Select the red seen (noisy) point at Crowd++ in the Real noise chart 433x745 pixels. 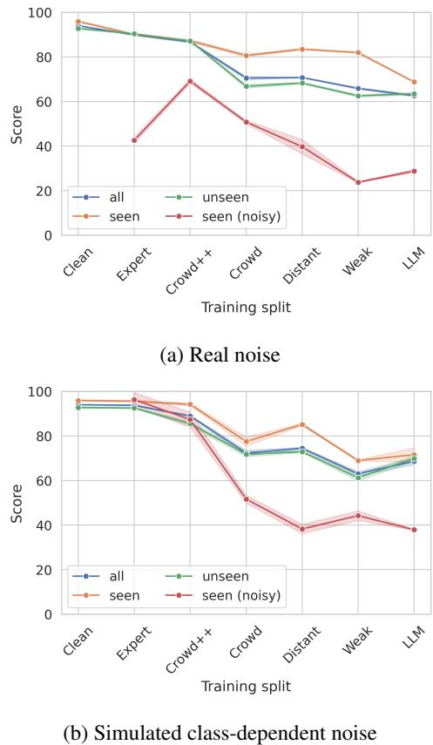[x=190, y=81]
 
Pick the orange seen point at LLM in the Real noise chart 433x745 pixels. [x=414, y=82]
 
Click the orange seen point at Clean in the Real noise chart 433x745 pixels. [x=78, y=22]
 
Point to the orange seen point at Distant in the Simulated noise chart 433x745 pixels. [x=302, y=424]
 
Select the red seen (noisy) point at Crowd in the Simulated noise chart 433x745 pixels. [x=247, y=499]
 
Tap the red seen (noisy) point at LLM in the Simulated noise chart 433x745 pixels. [x=414, y=530]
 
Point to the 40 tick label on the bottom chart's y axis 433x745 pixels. [x=43, y=525]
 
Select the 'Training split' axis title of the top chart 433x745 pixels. [x=246, y=307]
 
